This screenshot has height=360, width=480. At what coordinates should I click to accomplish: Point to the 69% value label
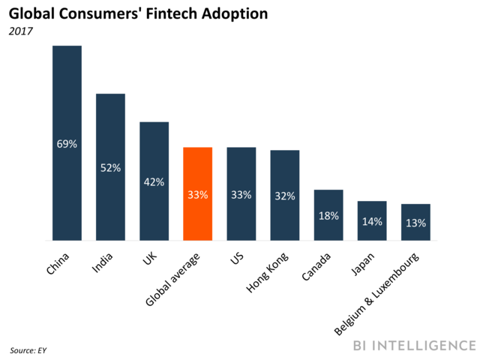67,143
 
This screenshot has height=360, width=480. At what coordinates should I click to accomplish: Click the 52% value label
110,168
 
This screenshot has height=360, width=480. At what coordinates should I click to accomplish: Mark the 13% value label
415,223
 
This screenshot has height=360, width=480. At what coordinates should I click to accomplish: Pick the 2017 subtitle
20,32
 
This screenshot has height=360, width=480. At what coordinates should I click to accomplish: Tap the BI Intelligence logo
415,346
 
